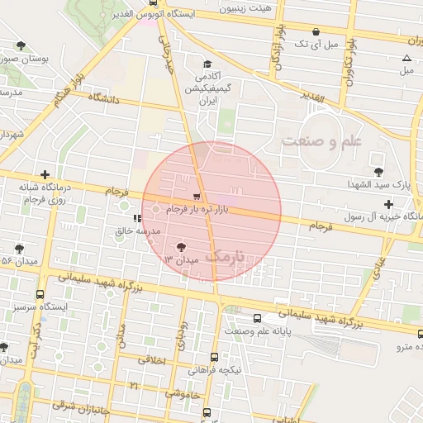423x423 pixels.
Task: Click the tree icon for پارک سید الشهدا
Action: point(378,172)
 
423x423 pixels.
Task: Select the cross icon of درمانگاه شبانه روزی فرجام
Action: point(45,175)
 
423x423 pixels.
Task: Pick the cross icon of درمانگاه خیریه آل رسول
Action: point(388,203)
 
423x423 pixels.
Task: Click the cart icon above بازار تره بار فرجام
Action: point(196,197)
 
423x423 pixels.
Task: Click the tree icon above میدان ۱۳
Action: point(181,246)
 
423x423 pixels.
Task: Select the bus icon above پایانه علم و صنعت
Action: point(258,318)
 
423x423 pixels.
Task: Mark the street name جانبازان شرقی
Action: point(74,405)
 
